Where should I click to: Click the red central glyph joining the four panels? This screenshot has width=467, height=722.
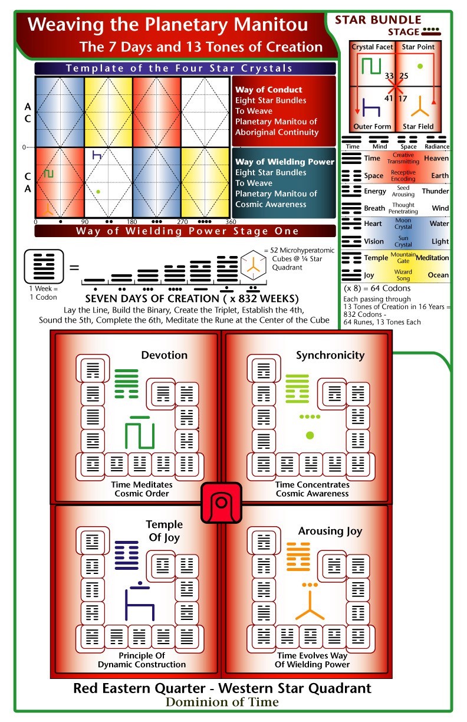click(221, 503)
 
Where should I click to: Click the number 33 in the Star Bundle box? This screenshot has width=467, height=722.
click(389, 76)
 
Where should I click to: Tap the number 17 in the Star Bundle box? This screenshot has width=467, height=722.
click(403, 99)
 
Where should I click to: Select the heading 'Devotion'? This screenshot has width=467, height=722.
click(165, 355)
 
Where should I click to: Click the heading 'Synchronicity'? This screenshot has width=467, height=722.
click(330, 355)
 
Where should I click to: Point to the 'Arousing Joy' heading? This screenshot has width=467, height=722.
click(330, 531)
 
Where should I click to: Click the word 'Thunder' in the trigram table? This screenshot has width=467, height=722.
click(435, 191)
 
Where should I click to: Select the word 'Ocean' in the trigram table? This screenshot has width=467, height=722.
click(438, 275)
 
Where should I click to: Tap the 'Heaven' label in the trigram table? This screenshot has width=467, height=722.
click(436, 158)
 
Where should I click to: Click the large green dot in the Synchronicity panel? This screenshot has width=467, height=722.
click(310, 435)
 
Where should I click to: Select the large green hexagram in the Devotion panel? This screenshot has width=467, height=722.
click(126, 383)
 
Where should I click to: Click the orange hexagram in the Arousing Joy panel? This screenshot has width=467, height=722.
click(298, 557)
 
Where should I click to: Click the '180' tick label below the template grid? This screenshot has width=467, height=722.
click(132, 222)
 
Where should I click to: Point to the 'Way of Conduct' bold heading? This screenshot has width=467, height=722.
click(269, 90)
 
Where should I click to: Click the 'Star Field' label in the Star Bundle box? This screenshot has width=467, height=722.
click(418, 126)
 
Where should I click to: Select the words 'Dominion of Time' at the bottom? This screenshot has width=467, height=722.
click(222, 702)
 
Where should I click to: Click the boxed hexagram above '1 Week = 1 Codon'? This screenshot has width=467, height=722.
click(44, 267)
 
